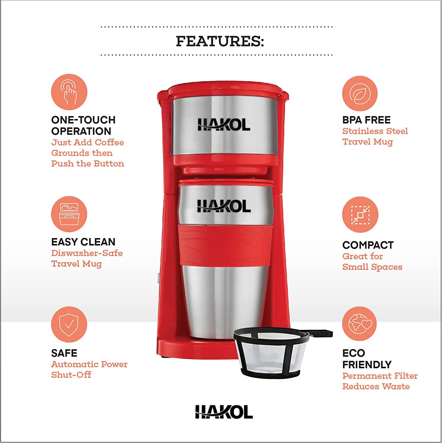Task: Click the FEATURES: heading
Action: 220,41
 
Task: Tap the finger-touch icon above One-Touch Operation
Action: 69,92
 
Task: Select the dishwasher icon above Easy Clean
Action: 69,214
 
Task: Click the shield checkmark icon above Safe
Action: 69,324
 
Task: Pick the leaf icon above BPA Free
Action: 360,94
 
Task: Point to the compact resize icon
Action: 360,214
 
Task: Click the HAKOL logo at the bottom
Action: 224,412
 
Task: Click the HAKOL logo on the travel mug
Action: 224,206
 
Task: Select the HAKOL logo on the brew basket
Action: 224,125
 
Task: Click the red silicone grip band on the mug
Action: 225,244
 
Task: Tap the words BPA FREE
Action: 366,120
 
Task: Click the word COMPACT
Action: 368,245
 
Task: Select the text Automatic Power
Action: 89,364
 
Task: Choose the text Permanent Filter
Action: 380,376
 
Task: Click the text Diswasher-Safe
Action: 87,253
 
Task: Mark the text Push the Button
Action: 88,163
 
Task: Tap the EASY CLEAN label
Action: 83,242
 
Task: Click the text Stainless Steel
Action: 375,131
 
